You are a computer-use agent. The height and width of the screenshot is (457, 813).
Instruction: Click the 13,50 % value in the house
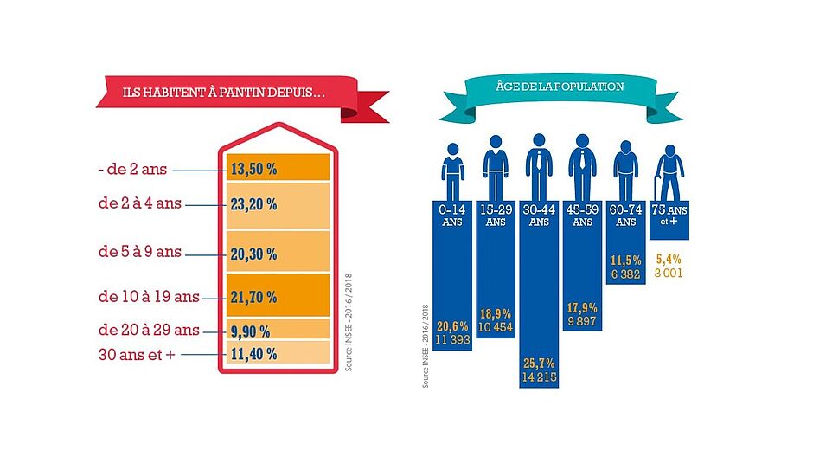(x=253, y=169)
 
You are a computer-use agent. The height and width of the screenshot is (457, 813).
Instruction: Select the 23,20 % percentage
(x=253, y=206)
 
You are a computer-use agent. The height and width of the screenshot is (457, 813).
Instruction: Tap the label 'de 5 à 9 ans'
(x=139, y=252)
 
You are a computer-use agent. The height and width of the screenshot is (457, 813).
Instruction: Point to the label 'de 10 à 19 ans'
(x=149, y=297)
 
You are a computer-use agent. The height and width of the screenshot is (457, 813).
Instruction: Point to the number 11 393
(x=453, y=338)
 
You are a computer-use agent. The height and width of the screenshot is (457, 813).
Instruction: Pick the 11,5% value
(x=625, y=259)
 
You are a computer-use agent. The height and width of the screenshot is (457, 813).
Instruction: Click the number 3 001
(x=669, y=273)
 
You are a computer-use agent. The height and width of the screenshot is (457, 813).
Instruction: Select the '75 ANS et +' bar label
(x=669, y=216)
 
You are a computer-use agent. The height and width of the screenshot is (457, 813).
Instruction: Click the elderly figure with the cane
(x=669, y=171)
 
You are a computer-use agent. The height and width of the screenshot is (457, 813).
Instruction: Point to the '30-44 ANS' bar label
(x=538, y=216)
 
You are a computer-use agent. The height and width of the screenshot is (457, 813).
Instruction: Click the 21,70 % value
(x=253, y=297)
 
